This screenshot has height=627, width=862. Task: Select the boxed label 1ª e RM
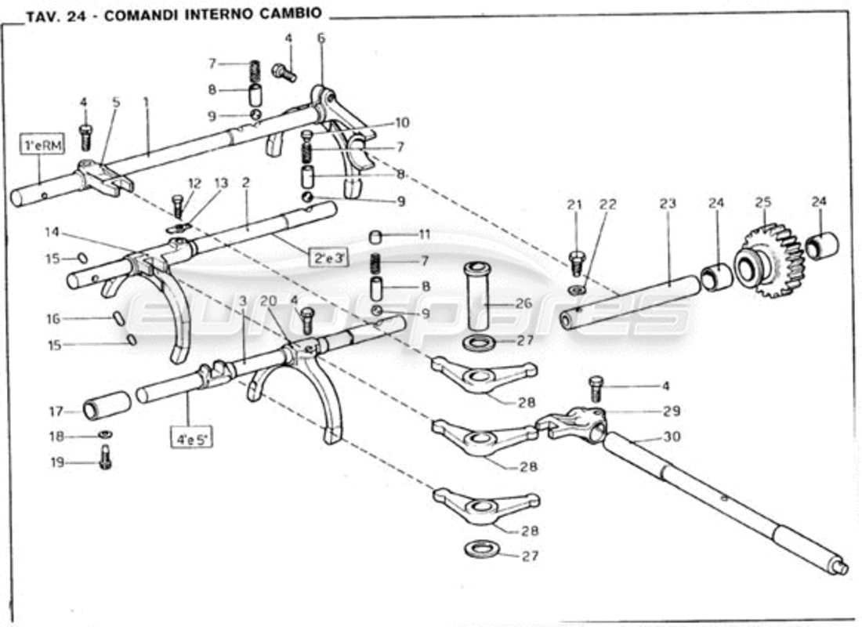tap(39, 146)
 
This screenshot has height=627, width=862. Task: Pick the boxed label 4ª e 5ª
tap(192, 433)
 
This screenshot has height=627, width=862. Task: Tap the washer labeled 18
tap(103, 435)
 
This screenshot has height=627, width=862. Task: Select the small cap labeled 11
tap(376, 236)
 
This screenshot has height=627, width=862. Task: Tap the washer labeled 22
tap(578, 291)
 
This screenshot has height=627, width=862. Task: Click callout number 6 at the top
tap(321, 37)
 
